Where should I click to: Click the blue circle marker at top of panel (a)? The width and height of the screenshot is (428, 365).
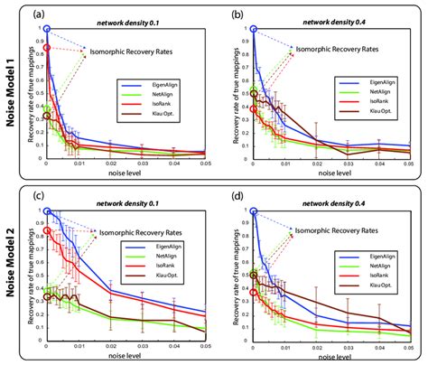(x=47, y=29)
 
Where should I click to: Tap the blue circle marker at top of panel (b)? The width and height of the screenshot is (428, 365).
(x=253, y=29)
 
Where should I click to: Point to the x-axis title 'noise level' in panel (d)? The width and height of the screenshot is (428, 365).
(x=330, y=357)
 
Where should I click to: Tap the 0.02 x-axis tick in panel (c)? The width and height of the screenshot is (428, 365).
(x=108, y=347)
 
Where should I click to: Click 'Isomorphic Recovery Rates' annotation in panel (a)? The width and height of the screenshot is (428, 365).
(x=135, y=52)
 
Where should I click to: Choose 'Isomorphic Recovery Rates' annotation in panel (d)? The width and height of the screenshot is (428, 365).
(x=340, y=232)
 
